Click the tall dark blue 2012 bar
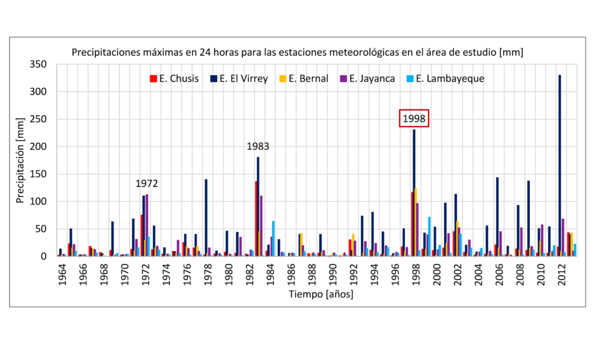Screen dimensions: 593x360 (560, 166)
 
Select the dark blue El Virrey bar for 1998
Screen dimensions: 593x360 (414, 193)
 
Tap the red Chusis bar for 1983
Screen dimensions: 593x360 (256, 219)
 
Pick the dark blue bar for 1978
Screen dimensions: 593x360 (206, 218)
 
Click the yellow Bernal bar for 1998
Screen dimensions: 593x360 (416, 222)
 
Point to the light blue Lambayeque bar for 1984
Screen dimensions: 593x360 (273, 238)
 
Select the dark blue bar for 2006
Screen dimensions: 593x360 (497, 216)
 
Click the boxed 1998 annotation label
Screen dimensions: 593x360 (414, 119)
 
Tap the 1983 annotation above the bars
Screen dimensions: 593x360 (258, 146)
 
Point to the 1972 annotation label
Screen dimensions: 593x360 (147, 183)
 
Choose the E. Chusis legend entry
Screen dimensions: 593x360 (174, 79)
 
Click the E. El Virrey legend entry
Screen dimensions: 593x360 (239, 79)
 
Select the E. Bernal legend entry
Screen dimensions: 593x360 (304, 79)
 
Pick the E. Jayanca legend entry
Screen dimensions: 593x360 (368, 79)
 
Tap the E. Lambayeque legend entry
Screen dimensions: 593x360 (445, 79)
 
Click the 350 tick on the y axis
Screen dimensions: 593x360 (38, 64)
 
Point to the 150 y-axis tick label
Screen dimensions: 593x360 (38, 174)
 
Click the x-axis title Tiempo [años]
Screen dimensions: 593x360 (321, 294)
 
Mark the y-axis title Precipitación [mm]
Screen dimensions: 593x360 (20, 160)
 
